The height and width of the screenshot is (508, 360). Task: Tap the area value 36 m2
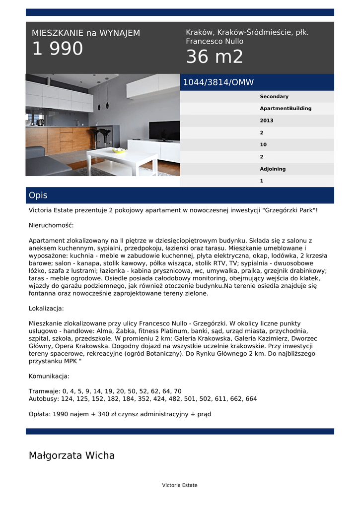[215, 58]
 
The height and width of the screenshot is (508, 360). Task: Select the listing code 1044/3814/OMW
[218, 82]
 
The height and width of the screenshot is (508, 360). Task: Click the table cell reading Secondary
[274, 97]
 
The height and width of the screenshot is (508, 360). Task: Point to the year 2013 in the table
[267, 121]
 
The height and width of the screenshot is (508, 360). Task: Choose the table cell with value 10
[263, 145]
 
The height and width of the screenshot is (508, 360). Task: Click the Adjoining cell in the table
[273, 169]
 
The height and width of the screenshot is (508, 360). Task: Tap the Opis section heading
[38, 195]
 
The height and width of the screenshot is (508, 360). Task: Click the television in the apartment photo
[164, 131]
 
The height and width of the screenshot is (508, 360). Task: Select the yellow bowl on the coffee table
[119, 150]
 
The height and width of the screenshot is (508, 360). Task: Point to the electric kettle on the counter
[40, 122]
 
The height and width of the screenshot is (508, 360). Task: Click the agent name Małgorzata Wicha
[72, 455]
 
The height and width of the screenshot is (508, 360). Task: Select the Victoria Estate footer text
[180, 485]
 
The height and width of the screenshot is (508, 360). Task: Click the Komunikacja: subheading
[49, 376]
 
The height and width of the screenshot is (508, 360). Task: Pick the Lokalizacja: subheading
[46, 308]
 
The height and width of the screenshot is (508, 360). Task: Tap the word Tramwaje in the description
[44, 391]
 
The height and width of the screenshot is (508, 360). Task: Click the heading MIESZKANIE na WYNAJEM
[86, 33]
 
